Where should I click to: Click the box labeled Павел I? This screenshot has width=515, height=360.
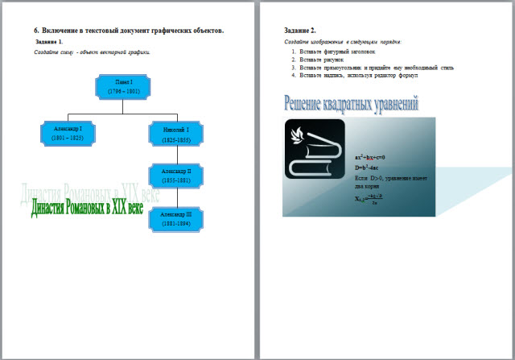[x=122, y=88]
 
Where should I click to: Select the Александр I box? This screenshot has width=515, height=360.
[x=68, y=133]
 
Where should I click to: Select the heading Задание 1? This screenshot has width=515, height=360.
[x=50, y=40]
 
